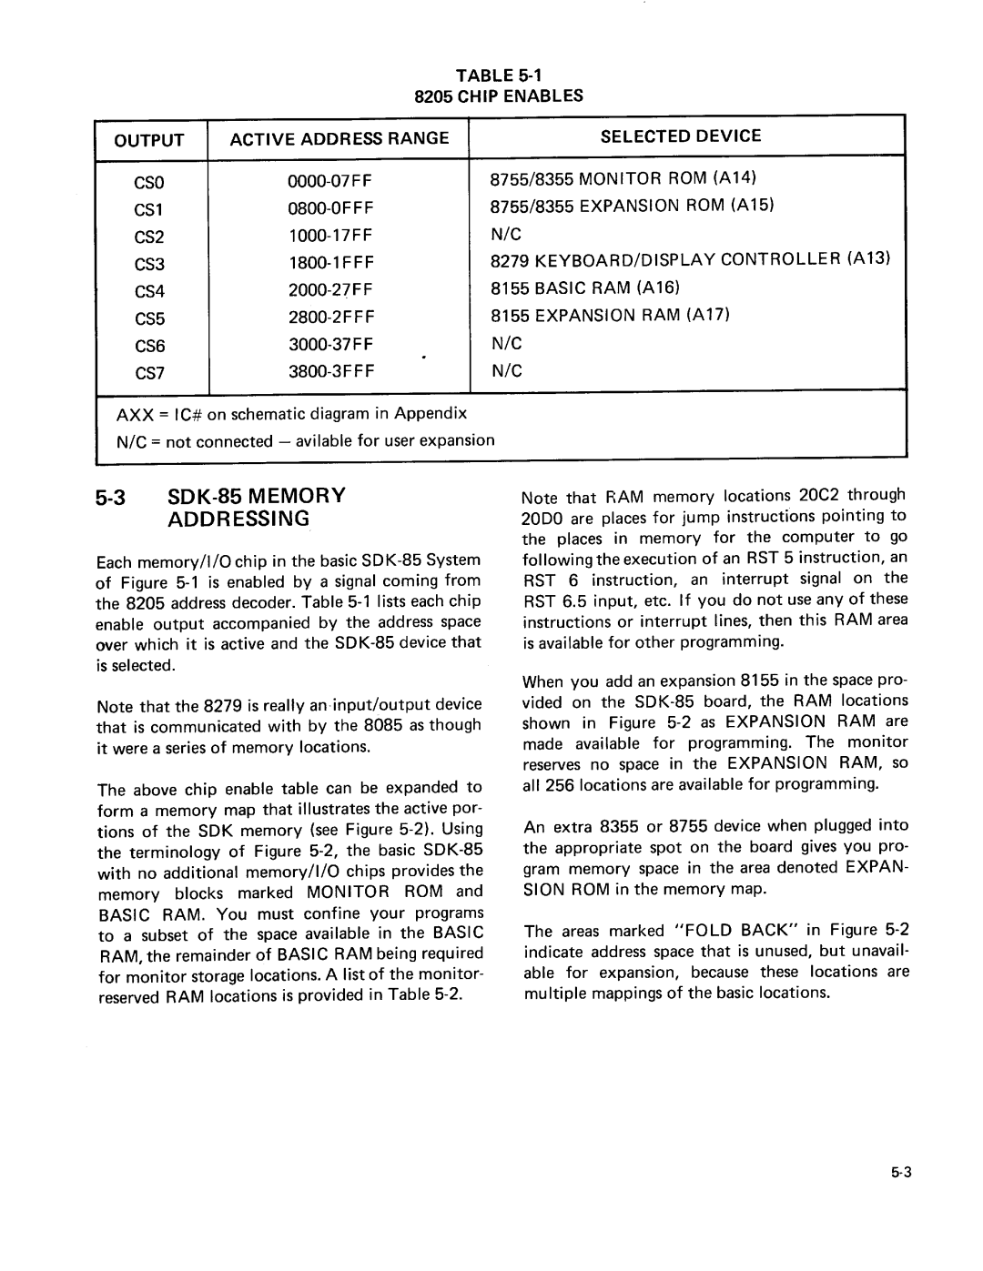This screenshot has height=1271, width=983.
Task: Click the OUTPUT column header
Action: pyautogui.click(x=149, y=140)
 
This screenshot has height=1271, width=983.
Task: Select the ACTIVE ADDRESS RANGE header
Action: pyautogui.click(x=339, y=138)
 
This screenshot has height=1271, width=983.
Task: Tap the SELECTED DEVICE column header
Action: pyautogui.click(x=681, y=136)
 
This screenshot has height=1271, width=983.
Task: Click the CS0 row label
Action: pyautogui.click(x=149, y=181)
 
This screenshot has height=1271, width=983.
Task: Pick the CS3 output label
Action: pyautogui.click(x=149, y=265)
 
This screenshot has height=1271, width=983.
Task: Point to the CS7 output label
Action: pyautogui.click(x=149, y=374)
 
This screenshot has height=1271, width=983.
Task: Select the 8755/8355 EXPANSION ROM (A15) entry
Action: pyautogui.click(x=632, y=206)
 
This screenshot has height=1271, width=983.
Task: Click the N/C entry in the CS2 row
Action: pyautogui.click(x=505, y=234)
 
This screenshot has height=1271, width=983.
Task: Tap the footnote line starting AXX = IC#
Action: pyautogui.click(x=291, y=414)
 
